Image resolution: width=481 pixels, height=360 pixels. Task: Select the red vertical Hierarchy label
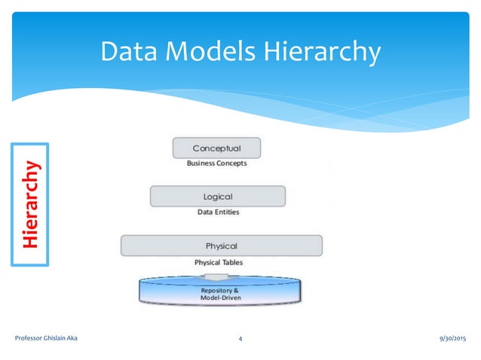[x=30, y=204]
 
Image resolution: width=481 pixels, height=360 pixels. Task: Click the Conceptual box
[x=217, y=148]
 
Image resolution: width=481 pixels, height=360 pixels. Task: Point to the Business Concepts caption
[x=217, y=163]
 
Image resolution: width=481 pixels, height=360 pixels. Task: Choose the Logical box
[x=218, y=197]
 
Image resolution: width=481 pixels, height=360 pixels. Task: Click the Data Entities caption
[x=218, y=212]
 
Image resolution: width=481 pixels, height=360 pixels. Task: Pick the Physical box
[x=221, y=246]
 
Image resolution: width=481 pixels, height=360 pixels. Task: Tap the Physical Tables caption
[x=219, y=262]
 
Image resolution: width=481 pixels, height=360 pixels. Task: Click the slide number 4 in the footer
[x=240, y=340]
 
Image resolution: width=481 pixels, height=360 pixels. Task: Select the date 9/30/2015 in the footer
[x=449, y=340]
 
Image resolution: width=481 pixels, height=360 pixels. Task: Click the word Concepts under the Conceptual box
[x=231, y=163]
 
